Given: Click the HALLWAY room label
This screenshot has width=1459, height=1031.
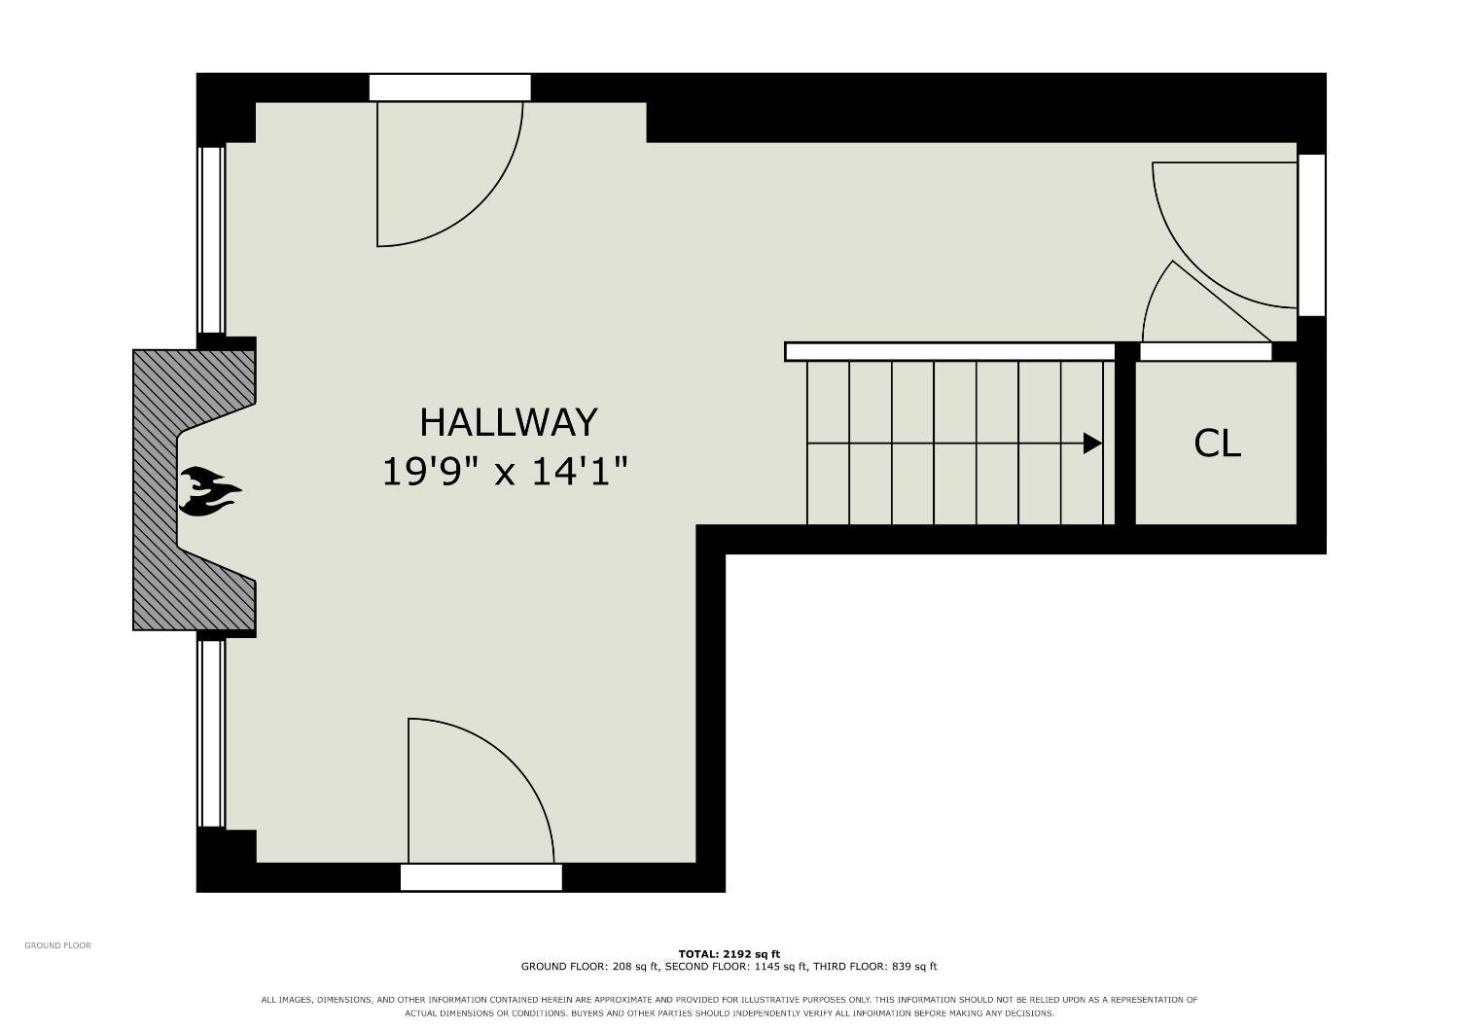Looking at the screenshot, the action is tap(508, 423).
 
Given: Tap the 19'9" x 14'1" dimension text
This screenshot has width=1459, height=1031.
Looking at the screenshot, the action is tap(505, 472).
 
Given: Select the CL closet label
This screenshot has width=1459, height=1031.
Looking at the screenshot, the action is tap(1217, 444).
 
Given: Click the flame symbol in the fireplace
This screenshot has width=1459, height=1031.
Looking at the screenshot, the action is tap(210, 491).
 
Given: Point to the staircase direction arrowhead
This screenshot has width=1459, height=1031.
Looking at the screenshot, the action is tap(1092, 444).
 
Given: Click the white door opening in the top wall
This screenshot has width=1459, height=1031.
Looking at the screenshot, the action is tap(450, 88).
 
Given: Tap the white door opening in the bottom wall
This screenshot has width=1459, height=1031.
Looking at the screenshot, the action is tap(481, 877).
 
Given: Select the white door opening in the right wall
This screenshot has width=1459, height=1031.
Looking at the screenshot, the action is tap(1312, 235).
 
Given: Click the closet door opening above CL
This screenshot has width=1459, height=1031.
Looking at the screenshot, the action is tap(1206, 352).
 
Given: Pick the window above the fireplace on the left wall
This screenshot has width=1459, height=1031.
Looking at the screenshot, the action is tap(211, 240).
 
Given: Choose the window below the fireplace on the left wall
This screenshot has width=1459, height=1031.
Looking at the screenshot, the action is tap(211, 734).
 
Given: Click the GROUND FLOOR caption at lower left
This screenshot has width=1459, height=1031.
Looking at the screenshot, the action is tap(58, 945).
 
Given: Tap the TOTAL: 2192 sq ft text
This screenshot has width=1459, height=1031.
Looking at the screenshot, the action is tap(729, 954).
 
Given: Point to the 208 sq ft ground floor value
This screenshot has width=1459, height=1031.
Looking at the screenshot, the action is tap(636, 967).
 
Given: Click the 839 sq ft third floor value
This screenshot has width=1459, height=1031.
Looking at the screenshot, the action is tap(912, 967).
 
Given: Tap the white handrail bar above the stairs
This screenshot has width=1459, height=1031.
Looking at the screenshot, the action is tap(950, 352).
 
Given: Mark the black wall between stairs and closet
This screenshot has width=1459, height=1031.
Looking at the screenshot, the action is tap(1125, 435).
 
